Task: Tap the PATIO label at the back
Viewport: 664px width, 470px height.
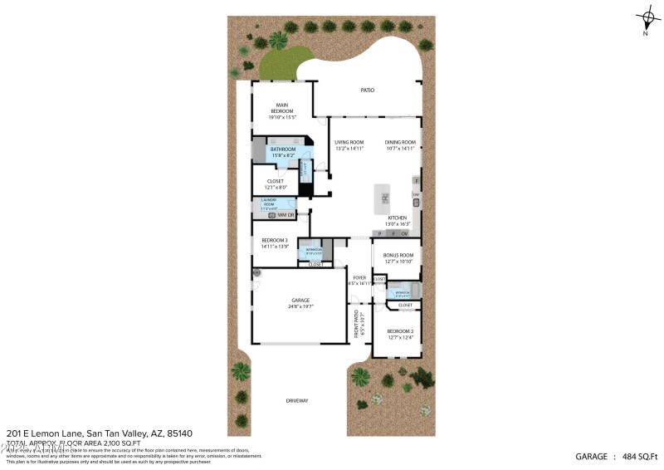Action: [367, 91]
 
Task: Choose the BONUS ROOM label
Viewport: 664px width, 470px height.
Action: [396, 258]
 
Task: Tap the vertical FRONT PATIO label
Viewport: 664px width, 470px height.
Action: [358, 323]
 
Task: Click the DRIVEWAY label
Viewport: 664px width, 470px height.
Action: [297, 401]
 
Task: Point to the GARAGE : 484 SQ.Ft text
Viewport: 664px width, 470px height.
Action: [617, 456]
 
